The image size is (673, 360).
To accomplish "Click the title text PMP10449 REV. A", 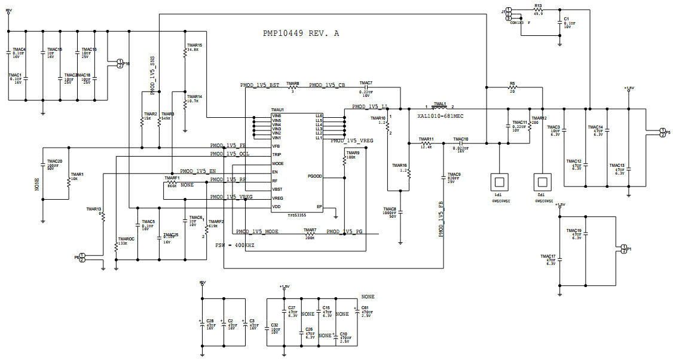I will (301, 34).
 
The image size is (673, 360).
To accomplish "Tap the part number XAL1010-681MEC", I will (440, 115).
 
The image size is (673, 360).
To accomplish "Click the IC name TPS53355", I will (281, 213).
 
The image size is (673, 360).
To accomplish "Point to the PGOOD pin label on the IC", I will (316, 176).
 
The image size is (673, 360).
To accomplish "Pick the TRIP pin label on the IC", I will (277, 154).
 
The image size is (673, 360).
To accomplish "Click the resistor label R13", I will (538, 5).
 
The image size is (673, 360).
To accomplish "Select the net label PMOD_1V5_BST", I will (259, 85).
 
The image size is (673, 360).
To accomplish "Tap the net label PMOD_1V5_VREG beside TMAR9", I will (352, 141).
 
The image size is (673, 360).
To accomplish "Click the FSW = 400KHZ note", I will (235, 245).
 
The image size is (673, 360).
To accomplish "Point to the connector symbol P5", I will (661, 132).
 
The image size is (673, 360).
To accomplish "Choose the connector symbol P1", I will (623, 249).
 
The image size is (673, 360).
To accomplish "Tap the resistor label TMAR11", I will (426, 139).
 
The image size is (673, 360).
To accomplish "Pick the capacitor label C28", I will (209, 321).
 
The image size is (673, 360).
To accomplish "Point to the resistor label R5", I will (512, 83).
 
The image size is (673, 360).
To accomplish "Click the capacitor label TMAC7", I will (366, 83).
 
